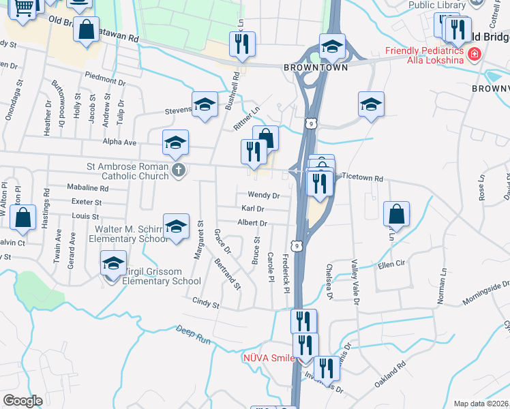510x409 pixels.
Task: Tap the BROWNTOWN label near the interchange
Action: pos(316,67)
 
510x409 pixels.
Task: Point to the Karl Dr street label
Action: pos(253,209)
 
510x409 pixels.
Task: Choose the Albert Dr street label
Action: pos(252,223)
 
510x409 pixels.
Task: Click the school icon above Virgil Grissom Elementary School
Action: pos(114,262)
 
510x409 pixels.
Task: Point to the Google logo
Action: pos(22,401)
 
